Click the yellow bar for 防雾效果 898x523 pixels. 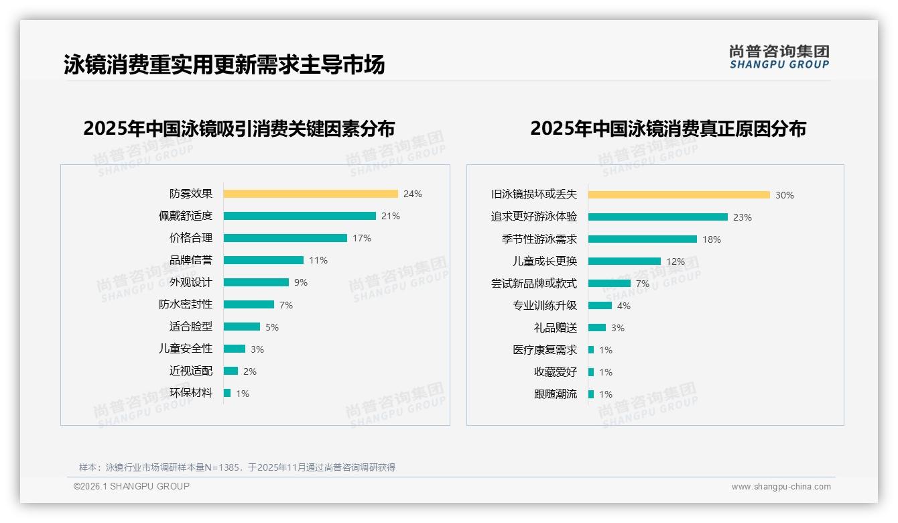point(310,194)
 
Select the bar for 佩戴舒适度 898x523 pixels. point(300,216)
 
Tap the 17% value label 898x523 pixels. point(362,238)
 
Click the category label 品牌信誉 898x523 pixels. point(191,260)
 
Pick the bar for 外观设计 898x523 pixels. point(256,282)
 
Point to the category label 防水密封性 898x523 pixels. point(186,304)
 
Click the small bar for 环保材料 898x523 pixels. point(227,393)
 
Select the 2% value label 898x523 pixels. point(250,371)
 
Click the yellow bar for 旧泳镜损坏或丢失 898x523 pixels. point(679,195)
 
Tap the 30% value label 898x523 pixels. point(784,195)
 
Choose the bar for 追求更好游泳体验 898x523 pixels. point(658,217)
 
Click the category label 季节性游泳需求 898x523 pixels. point(539,239)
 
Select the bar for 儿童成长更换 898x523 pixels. point(625,261)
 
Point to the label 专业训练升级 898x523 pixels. point(545,306)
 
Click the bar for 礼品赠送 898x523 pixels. point(597,328)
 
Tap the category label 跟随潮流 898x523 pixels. point(556,394)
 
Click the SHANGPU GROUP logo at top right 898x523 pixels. point(779,57)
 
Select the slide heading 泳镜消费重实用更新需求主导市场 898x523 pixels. point(224,65)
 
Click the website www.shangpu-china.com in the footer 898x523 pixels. point(781,487)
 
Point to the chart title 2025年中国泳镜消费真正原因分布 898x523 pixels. point(668,128)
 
